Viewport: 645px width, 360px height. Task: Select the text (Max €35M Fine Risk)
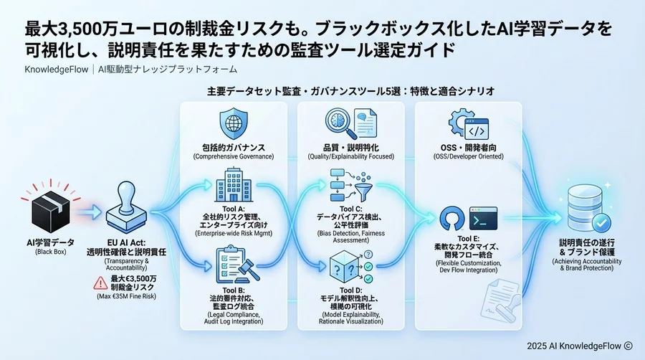pyautogui.click(x=130, y=295)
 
